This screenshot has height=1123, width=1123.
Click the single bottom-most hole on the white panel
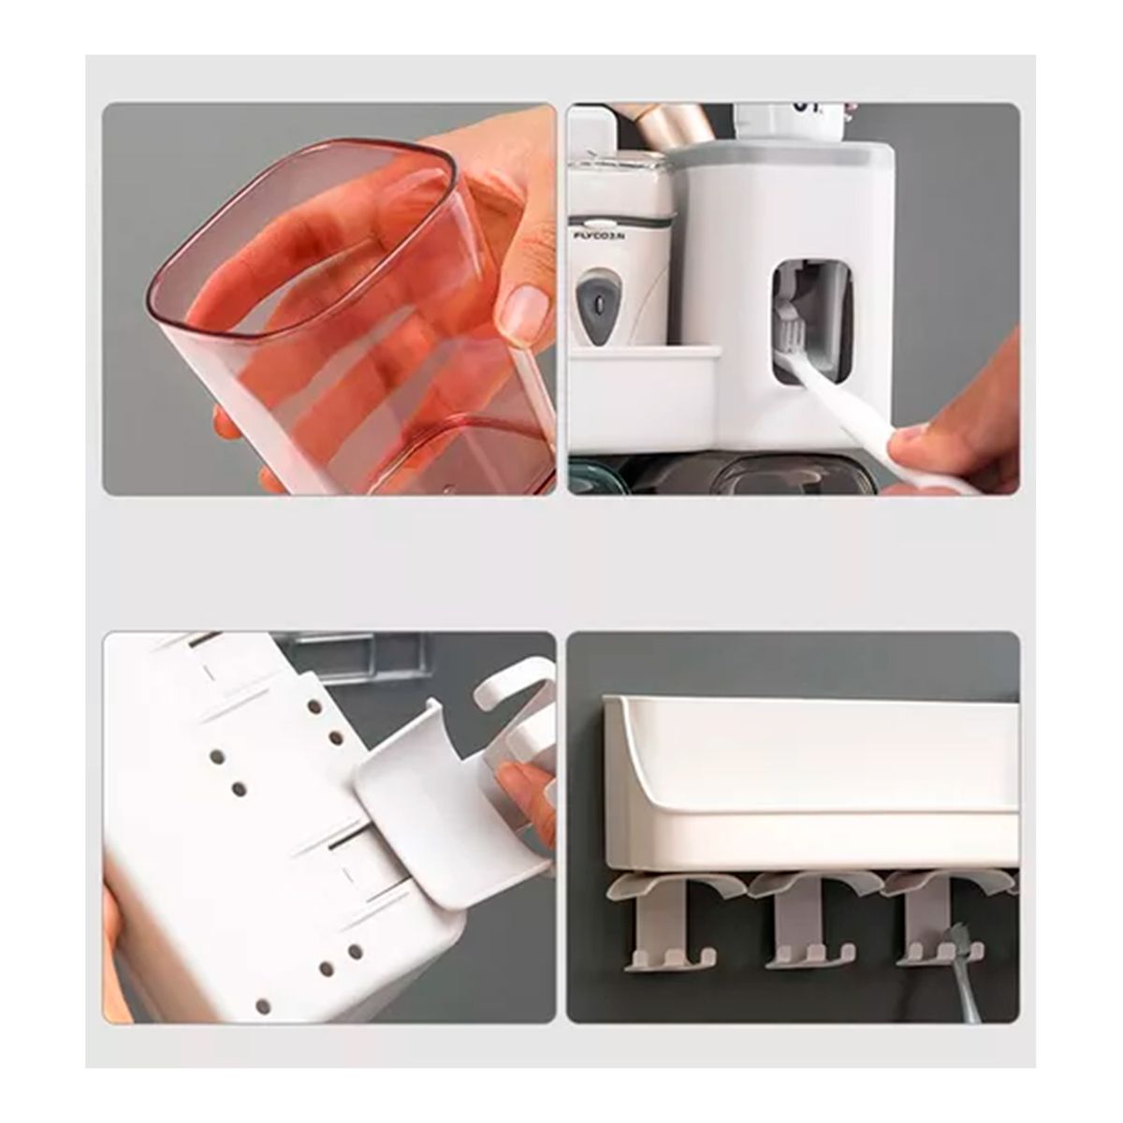[x=263, y=1005]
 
